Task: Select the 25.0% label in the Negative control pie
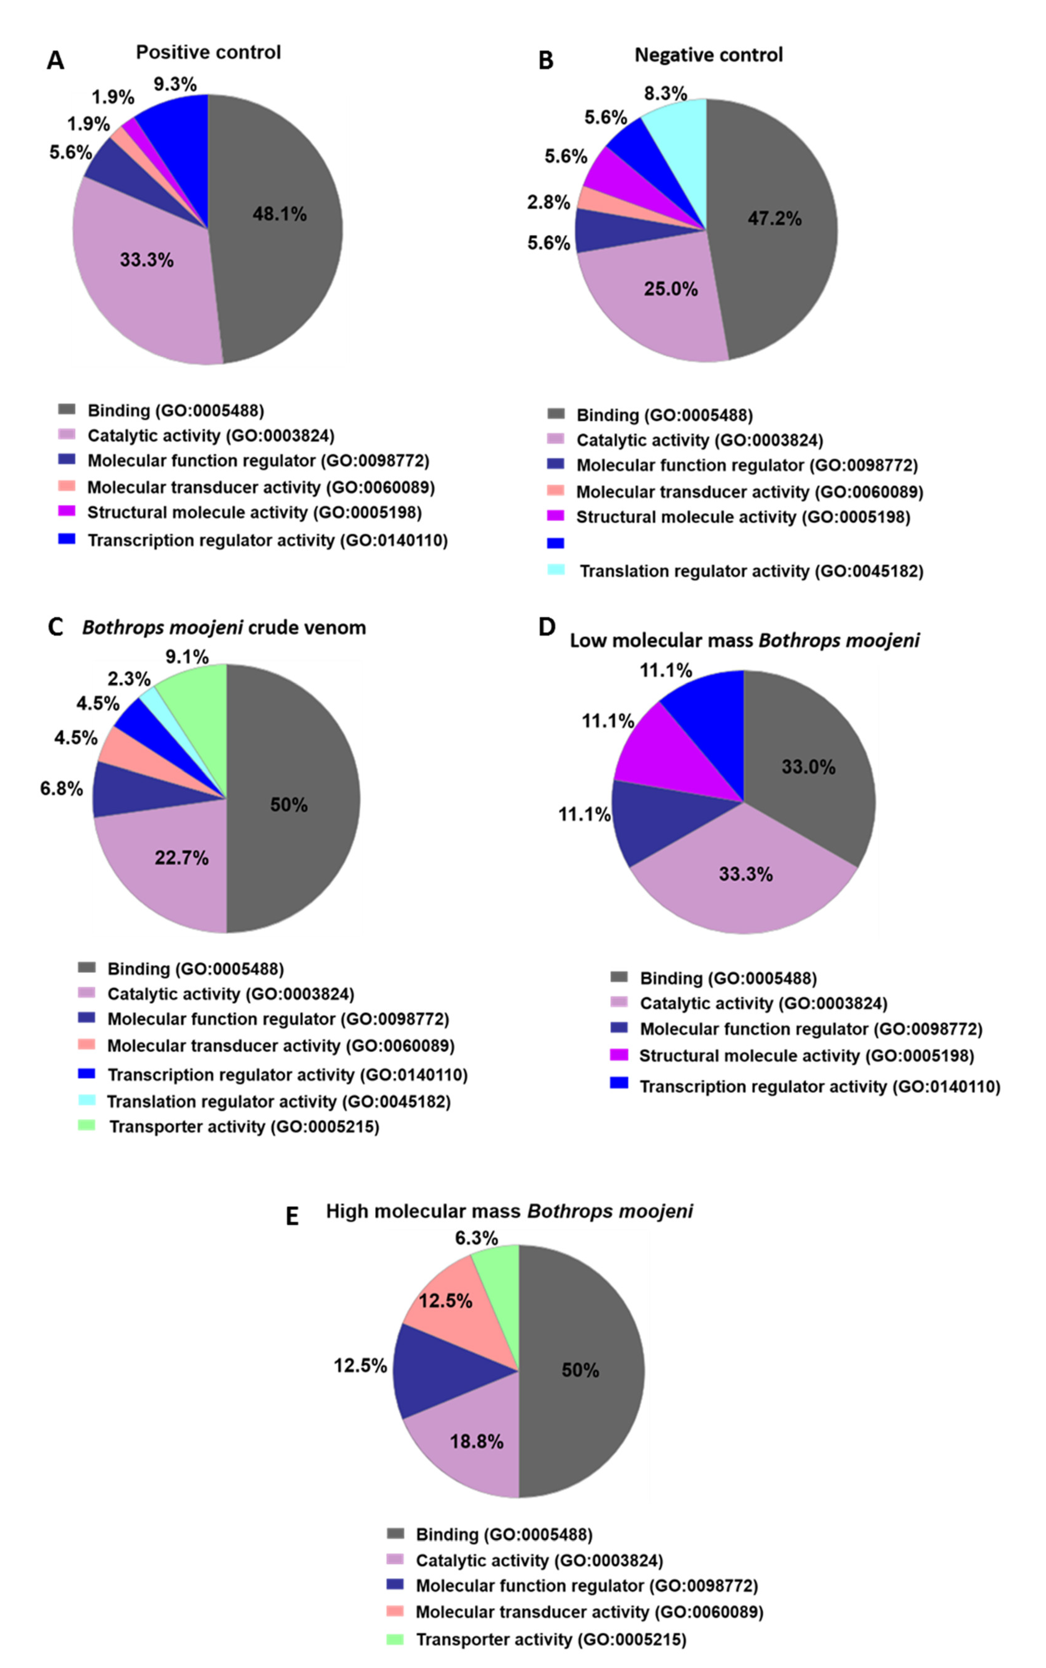(670, 289)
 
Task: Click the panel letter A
(55, 61)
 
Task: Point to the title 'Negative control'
(708, 55)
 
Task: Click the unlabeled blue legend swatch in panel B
(556, 544)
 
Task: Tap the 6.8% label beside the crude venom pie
(62, 788)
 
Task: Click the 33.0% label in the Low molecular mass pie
(808, 767)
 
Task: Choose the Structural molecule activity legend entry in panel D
(806, 1056)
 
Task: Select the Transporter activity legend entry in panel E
(551, 1640)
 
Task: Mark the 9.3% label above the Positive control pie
(175, 84)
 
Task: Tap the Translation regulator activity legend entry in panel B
(751, 571)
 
